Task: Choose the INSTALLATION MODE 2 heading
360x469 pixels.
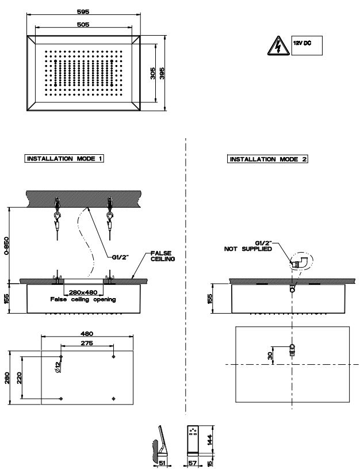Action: [x=268, y=159]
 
